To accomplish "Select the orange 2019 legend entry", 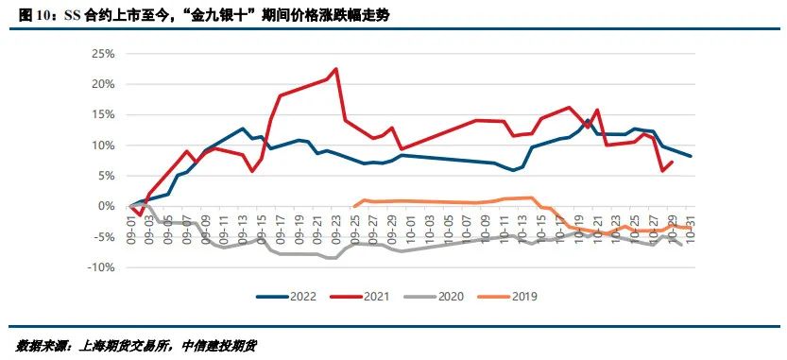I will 511,297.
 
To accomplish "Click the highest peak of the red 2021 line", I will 336,69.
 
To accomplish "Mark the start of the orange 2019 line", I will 353,206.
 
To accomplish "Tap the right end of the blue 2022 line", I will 692,156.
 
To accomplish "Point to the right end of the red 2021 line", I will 672,162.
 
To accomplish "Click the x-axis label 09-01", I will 132,230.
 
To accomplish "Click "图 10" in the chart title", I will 36,15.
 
